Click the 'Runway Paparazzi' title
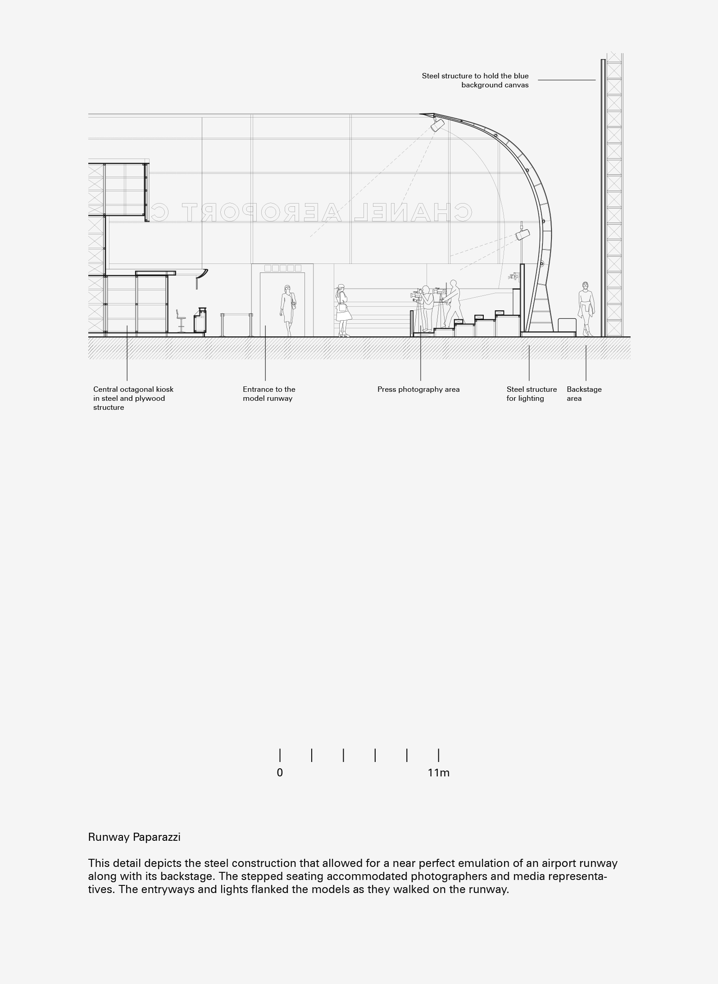[134, 837]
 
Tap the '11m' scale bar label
[438, 773]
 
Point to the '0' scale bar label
[280, 773]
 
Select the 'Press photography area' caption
[418, 390]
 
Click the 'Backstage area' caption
[584, 394]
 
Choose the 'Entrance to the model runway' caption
[269, 394]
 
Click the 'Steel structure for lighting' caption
[532, 394]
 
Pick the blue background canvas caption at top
[475, 80]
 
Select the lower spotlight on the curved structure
[523, 234]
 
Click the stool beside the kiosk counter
[181, 321]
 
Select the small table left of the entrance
[236, 324]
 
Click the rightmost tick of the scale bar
[438, 755]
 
